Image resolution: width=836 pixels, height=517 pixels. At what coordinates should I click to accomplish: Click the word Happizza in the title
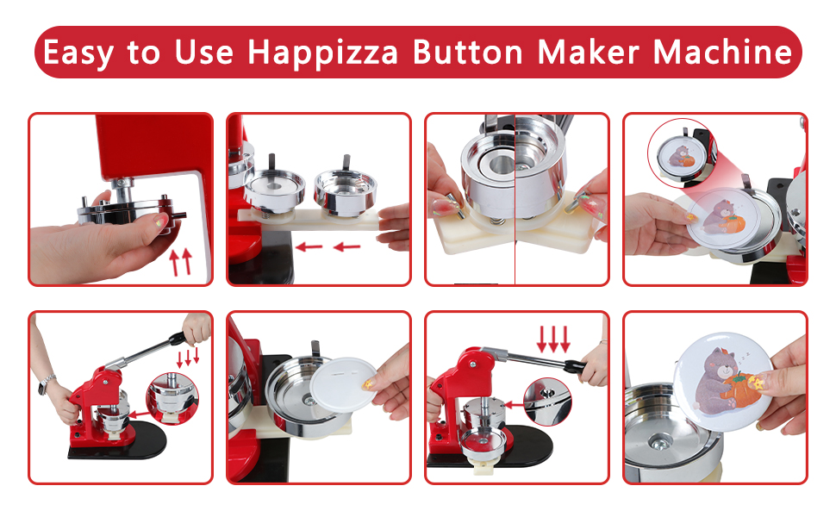pyautogui.click(x=324, y=53)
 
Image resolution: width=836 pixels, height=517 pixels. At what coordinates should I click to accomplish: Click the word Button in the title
pyautogui.click(x=469, y=53)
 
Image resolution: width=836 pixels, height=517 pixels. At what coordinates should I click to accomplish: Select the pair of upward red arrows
pyautogui.click(x=180, y=259)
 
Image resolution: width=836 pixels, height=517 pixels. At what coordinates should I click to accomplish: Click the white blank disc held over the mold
pyautogui.click(x=346, y=386)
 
